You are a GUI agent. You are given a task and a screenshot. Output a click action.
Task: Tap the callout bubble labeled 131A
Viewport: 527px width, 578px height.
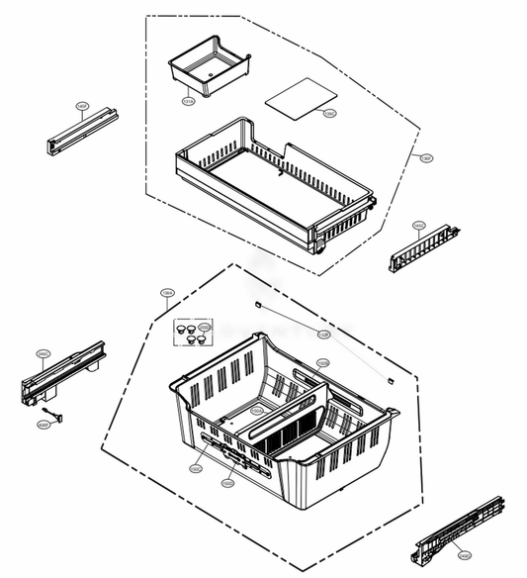tap(188, 99)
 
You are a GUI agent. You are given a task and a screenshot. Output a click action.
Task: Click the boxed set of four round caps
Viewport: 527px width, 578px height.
tap(191, 333)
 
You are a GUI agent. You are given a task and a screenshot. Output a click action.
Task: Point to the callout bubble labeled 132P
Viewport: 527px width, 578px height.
tap(323, 336)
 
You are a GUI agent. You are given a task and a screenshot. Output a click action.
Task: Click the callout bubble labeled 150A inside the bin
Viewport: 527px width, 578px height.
tap(256, 409)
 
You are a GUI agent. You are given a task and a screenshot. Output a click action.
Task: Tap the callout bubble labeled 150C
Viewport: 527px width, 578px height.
tap(196, 468)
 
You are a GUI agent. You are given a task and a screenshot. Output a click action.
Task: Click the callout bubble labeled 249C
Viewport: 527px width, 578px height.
tap(44, 352)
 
